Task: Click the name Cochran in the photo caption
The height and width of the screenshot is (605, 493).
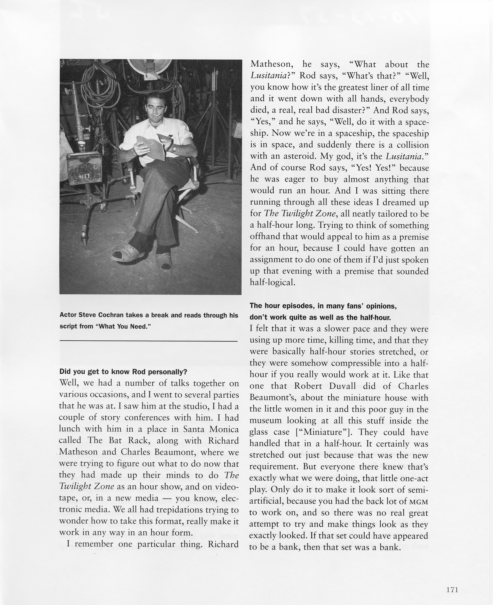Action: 110,315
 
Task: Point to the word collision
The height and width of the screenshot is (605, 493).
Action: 412,145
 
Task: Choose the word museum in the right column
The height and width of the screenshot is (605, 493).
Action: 266,421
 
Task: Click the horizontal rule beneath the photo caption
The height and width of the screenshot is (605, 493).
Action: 149,341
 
